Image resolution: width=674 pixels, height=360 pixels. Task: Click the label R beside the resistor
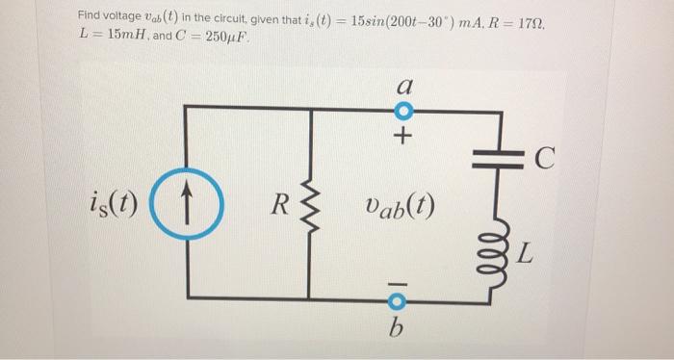(x=278, y=204)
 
